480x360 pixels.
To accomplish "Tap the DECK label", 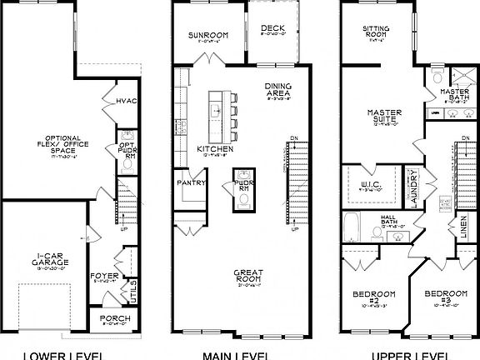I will click(x=272, y=27).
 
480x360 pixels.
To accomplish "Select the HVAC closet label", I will click(x=125, y=102).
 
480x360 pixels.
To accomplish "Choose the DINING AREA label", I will click(x=277, y=88).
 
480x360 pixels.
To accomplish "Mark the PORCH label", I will click(x=114, y=318).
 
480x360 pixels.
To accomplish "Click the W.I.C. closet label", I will click(x=370, y=185).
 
